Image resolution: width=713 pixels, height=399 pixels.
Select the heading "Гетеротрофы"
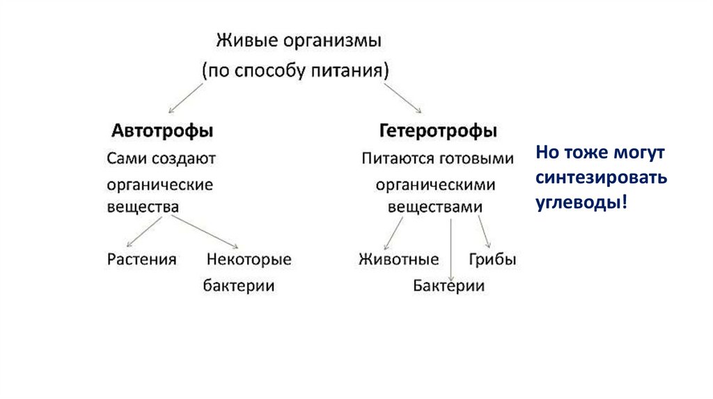pos(439,130)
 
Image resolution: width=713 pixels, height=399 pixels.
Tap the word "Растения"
pos(142,259)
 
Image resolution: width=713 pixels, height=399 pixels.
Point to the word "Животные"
pos(399,259)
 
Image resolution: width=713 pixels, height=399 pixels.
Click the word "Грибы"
pos(492,259)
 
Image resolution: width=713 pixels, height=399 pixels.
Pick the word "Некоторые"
pos(249,259)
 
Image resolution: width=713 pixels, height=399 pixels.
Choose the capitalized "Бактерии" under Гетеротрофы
pos(448,286)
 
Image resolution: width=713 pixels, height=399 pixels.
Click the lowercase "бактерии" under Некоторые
pos(239,286)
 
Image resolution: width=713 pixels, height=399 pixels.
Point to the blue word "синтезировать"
pos(602,177)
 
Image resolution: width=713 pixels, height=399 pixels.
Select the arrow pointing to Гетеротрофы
pos(405,98)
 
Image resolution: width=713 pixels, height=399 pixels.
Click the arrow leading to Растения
pos(145,231)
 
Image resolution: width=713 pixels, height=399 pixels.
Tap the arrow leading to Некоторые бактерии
pos(205,231)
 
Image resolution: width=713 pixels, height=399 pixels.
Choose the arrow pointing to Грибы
pos(485,232)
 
